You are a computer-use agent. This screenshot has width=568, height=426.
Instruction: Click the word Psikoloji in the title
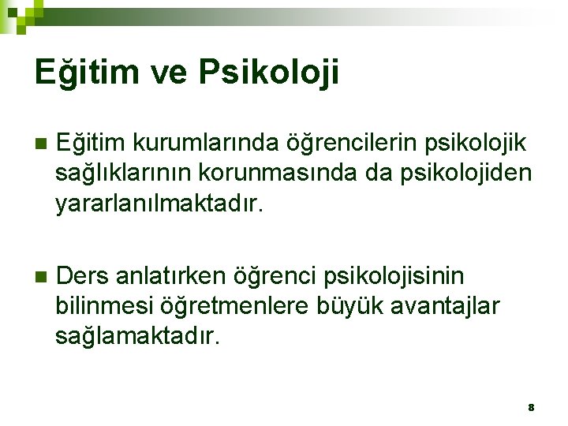[x=270, y=73]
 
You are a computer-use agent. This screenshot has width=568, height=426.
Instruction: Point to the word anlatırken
[x=171, y=276]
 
